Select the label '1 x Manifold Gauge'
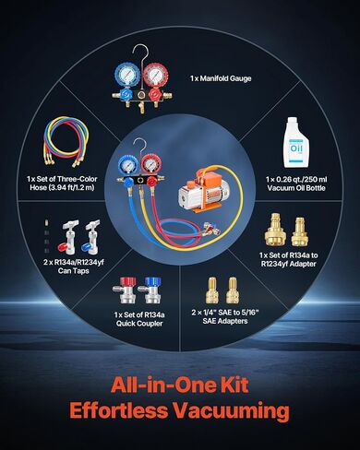(x=221, y=78)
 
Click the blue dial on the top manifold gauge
(x=126, y=75)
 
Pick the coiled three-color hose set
(x=66, y=142)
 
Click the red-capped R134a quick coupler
(x=125, y=290)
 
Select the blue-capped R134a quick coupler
(x=150, y=290)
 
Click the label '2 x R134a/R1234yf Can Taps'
(x=73, y=266)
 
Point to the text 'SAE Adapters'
(x=225, y=321)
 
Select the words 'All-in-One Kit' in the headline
(x=179, y=385)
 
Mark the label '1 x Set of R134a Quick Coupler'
(x=139, y=319)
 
